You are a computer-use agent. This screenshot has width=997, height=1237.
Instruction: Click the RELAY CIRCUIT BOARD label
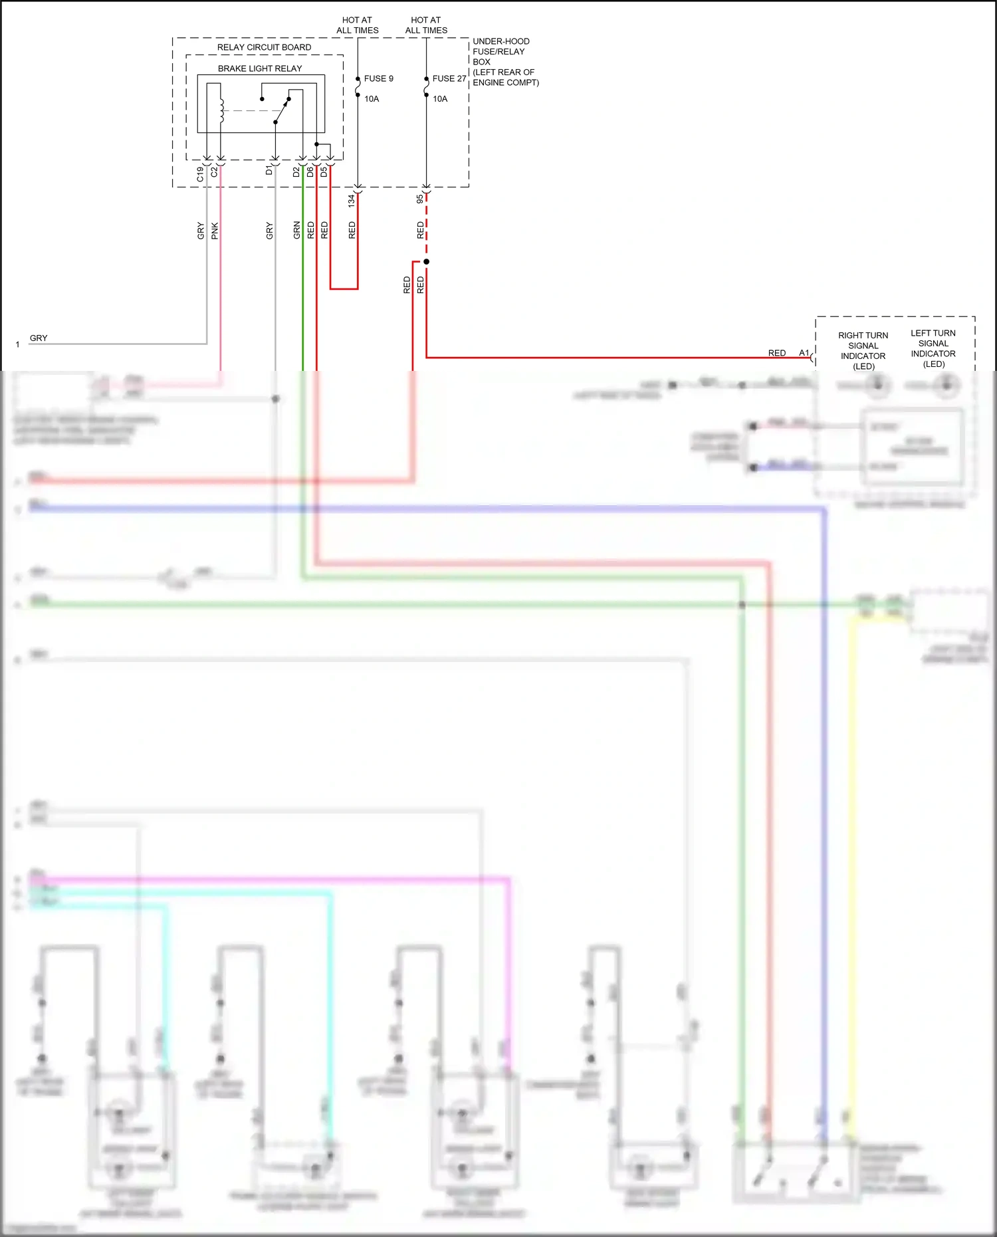264,48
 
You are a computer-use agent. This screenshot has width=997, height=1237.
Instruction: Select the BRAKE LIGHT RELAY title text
260,68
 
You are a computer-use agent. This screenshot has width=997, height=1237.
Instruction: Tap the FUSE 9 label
378,78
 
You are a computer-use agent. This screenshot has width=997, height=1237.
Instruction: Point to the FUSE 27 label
449,78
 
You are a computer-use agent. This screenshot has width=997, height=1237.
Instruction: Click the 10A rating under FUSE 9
372,99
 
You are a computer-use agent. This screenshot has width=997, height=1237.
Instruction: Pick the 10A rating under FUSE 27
440,99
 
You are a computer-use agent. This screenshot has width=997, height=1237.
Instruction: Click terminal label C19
200,174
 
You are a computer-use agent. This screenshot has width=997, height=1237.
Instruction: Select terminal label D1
269,171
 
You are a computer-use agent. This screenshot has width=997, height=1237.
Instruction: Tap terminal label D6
310,171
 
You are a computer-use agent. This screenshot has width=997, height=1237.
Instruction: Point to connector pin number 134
352,200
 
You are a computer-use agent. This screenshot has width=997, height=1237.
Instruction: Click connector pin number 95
420,199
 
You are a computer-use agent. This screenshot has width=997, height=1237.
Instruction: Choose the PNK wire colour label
215,231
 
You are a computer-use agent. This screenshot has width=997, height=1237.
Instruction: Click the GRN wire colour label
297,230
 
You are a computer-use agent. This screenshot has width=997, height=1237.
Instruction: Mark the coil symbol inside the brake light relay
221,110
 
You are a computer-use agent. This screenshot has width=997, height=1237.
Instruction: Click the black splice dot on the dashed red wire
426,262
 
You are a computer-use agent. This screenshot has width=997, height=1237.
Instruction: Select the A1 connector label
804,353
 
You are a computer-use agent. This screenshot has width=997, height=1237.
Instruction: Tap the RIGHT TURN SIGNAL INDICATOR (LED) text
863,351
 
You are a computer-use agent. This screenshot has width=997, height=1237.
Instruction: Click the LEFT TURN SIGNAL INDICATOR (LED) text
933,348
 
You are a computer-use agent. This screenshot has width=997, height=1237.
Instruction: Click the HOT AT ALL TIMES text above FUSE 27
426,25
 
